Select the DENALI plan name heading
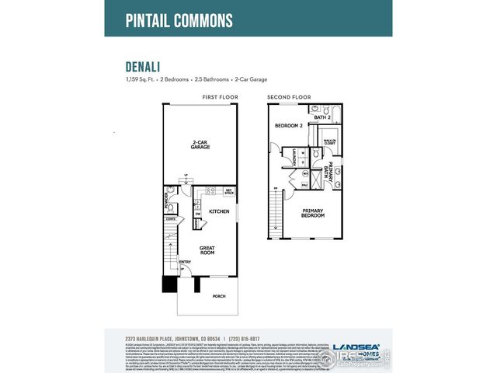click(144, 67)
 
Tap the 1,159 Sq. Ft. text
click(139, 79)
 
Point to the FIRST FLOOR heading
click(220, 97)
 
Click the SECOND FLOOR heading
click(289, 97)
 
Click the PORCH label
click(221, 295)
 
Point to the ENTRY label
click(186, 262)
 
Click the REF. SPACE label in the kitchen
click(229, 190)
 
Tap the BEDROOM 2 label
click(289, 125)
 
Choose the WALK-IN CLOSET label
click(329, 142)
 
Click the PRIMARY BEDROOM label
click(312, 213)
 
